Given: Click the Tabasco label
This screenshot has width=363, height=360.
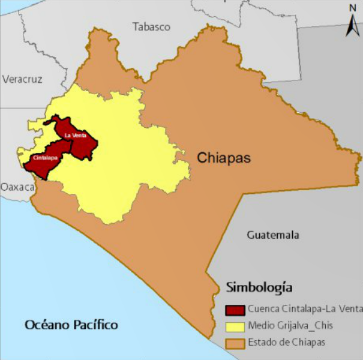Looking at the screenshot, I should point(152,27).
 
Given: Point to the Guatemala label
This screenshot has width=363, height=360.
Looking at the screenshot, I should point(273,235).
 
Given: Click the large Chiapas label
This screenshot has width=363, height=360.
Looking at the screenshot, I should point(224,158).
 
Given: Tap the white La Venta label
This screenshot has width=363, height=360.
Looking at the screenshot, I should point(76,136).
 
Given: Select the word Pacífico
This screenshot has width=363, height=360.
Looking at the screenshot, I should point(95,325).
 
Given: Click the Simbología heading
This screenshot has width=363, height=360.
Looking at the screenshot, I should point(259,286).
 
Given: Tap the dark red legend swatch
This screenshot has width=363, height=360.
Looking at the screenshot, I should point(235,310).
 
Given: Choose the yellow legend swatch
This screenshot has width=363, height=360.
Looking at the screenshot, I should point(235,326).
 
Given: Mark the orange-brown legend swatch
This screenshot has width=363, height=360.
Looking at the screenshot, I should point(235,343).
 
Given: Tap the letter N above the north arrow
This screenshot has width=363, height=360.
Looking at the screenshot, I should point(353,8).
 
